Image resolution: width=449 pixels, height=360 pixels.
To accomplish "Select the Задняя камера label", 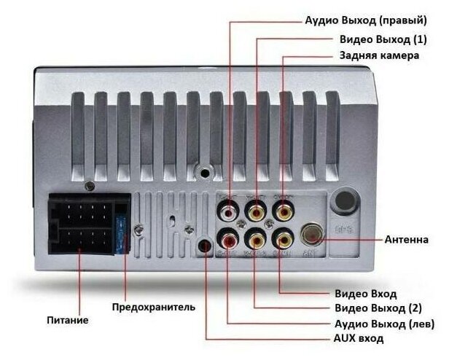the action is pyautogui.click(x=379, y=55).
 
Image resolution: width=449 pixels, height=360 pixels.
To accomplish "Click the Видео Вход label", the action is pyautogui.click(x=365, y=294).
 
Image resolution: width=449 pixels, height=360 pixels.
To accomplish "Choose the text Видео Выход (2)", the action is pyautogui.click(x=378, y=308).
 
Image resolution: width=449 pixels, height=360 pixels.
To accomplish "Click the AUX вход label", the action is pyautogui.click(x=359, y=339).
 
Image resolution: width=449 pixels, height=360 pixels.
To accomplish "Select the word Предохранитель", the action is pyautogui.click(x=153, y=307).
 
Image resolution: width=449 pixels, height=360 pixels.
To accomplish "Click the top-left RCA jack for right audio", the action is pyautogui.click(x=230, y=213).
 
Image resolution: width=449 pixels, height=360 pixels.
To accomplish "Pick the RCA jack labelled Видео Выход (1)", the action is pyautogui.click(x=257, y=213).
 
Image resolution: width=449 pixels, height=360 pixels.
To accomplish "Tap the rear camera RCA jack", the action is pyautogui.click(x=282, y=213).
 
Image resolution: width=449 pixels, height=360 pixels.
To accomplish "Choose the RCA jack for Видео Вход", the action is pyautogui.click(x=282, y=238).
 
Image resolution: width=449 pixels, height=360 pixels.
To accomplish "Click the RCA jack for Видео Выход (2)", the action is pyautogui.click(x=257, y=238).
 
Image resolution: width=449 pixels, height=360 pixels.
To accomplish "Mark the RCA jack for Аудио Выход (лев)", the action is pyautogui.click(x=230, y=238).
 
